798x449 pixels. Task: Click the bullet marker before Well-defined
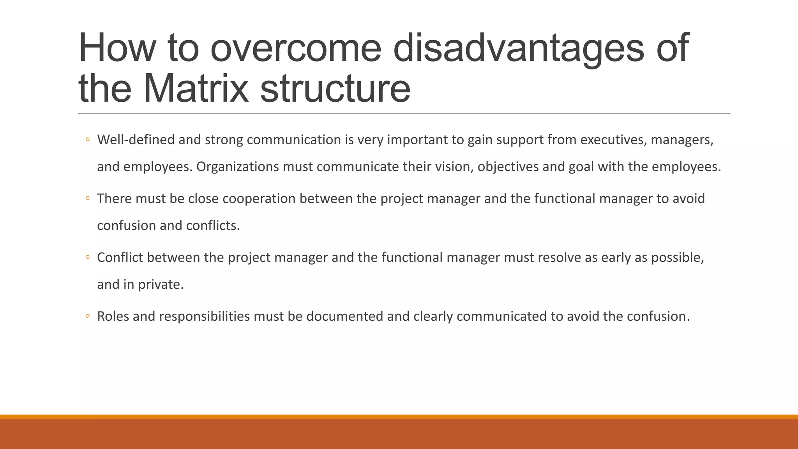[88, 140]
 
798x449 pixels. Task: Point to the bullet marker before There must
[88, 198]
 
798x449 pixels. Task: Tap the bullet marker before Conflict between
[88, 257]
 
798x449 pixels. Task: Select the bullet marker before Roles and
[88, 316]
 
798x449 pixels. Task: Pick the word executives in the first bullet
[613, 140]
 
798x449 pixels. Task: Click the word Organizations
[237, 167]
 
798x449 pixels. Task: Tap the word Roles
[113, 316]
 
